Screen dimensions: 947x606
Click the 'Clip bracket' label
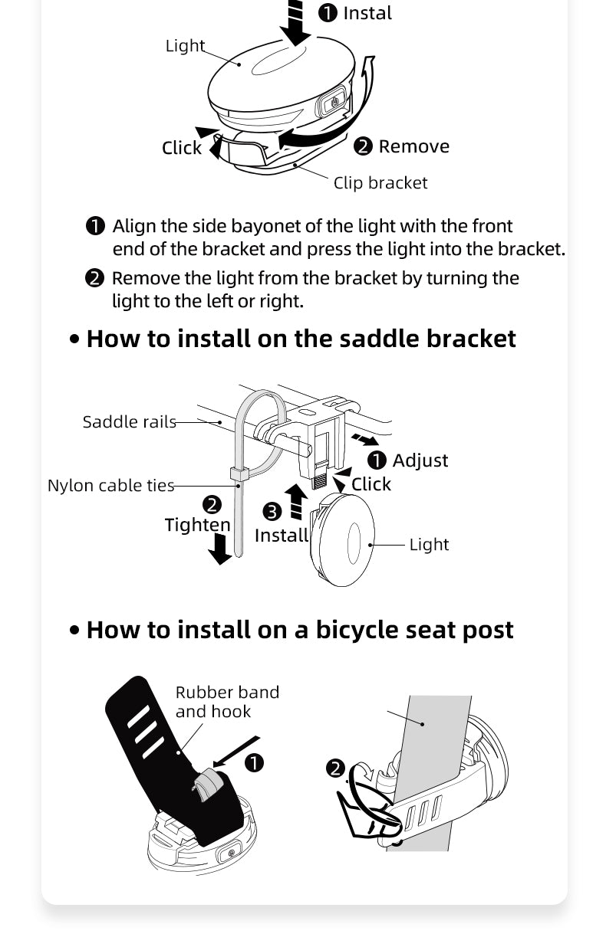[380, 182]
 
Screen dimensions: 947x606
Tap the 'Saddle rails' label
[129, 421]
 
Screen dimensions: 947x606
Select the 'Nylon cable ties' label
[110, 485]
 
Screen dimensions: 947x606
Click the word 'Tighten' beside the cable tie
[197, 525]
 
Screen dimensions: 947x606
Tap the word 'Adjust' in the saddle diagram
[420, 460]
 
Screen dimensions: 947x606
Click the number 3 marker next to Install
[272, 512]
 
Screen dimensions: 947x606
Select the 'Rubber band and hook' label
[226, 701]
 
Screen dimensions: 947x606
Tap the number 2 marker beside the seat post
[335, 768]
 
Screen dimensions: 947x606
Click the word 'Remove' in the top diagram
[413, 146]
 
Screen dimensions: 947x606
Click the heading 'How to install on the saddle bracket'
[301, 338]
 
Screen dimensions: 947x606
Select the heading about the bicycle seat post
[299, 629]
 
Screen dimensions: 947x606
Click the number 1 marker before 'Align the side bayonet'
[94, 226]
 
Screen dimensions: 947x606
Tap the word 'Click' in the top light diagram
[181, 148]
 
